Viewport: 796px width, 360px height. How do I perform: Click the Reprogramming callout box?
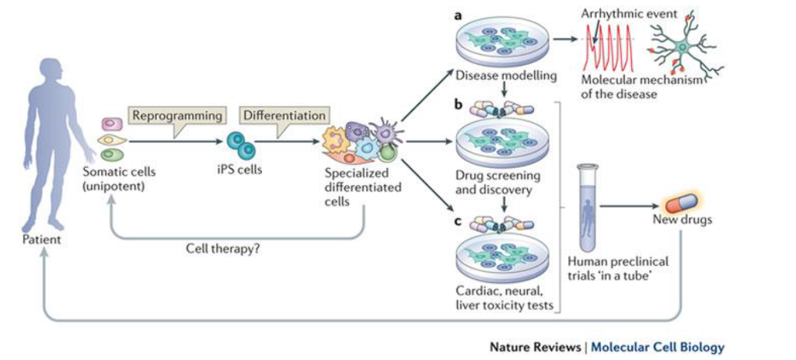coord(176,115)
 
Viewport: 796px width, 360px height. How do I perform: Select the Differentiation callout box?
coord(284,115)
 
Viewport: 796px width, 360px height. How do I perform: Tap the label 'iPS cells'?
coord(239,170)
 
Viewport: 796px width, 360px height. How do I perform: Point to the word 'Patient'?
coord(42,239)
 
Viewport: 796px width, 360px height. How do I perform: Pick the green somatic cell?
coord(112,154)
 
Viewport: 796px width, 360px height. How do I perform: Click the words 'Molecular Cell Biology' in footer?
coord(657,347)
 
